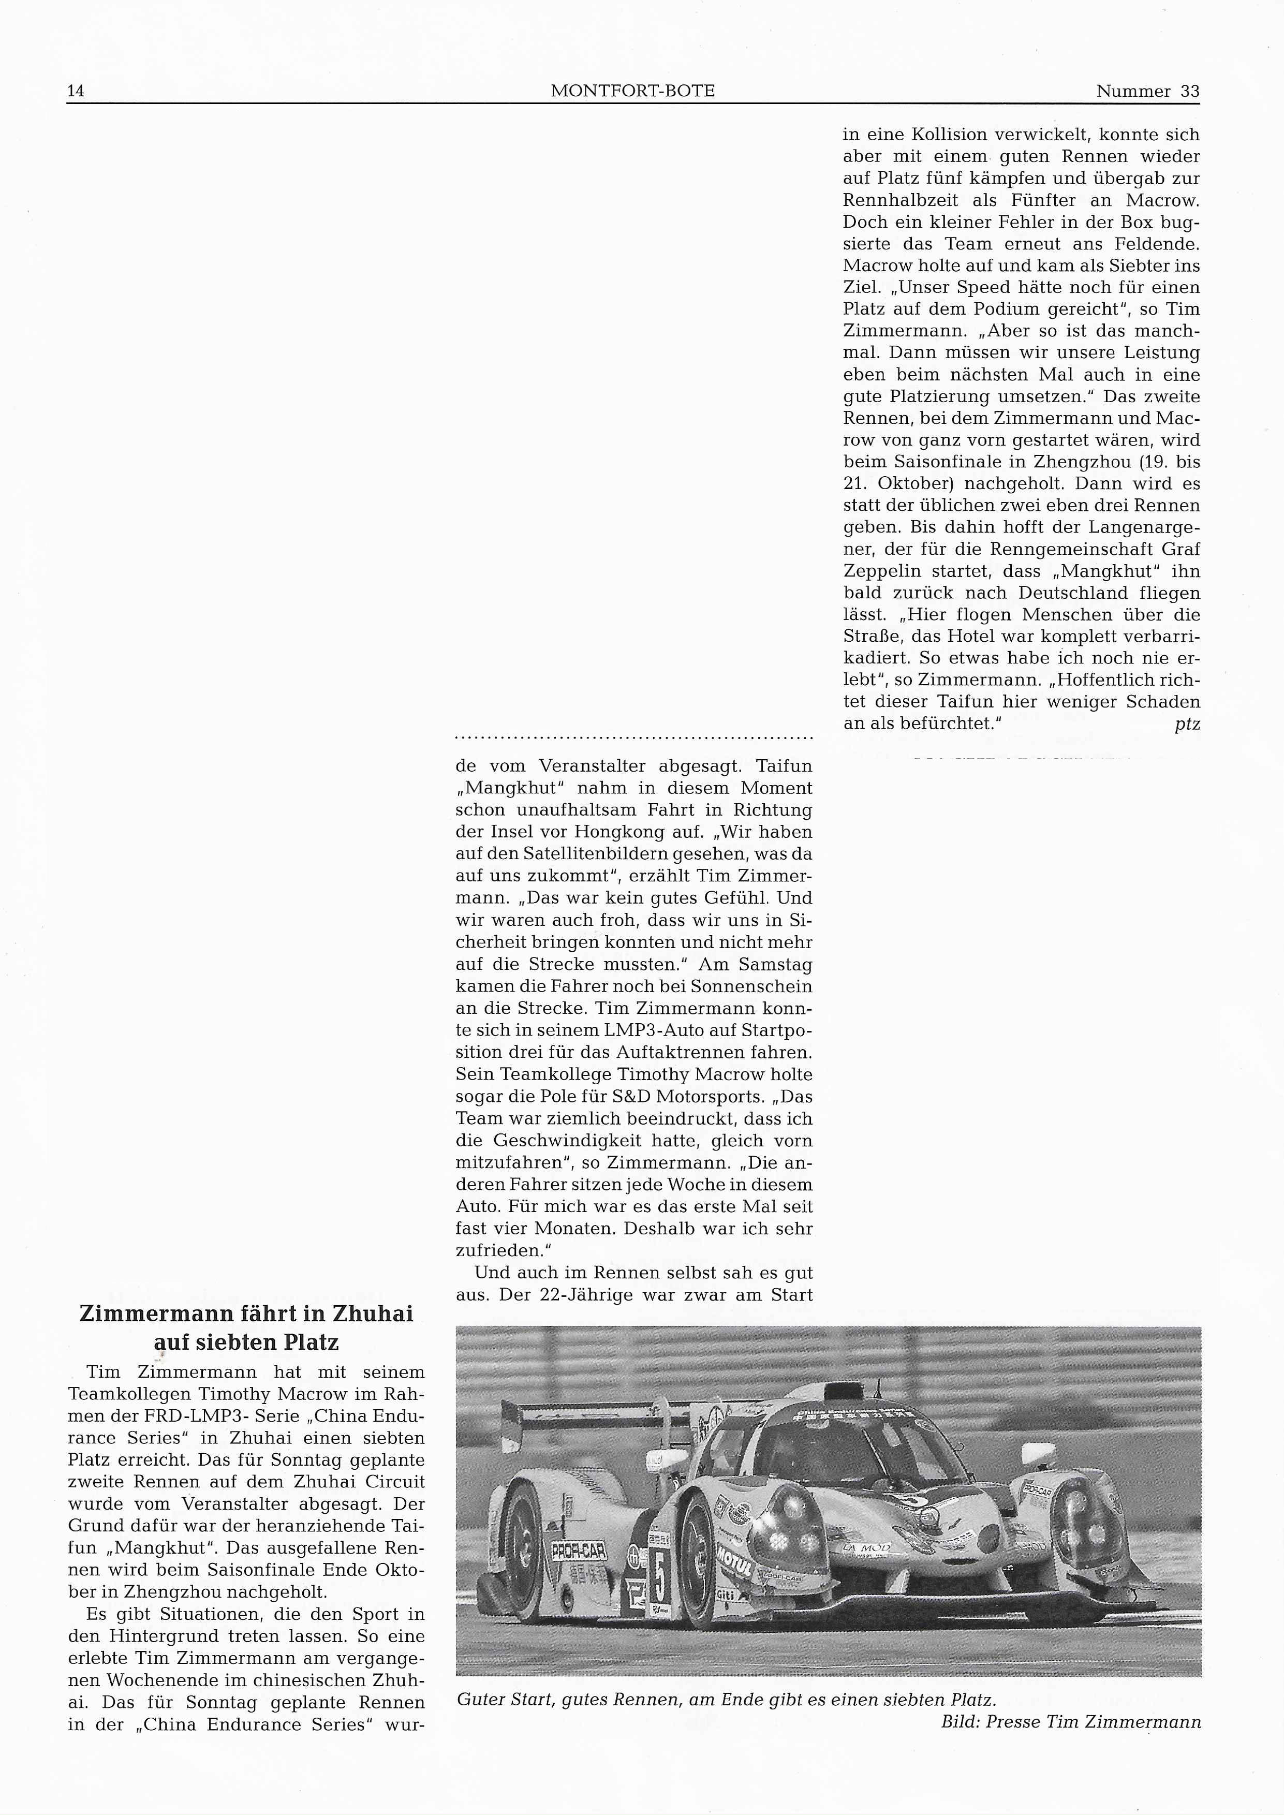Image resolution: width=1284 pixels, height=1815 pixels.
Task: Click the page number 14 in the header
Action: [x=76, y=92]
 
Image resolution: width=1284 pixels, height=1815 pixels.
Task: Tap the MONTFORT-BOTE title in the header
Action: [x=632, y=92]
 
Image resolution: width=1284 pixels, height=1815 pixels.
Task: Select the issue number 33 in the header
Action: [x=1189, y=92]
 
